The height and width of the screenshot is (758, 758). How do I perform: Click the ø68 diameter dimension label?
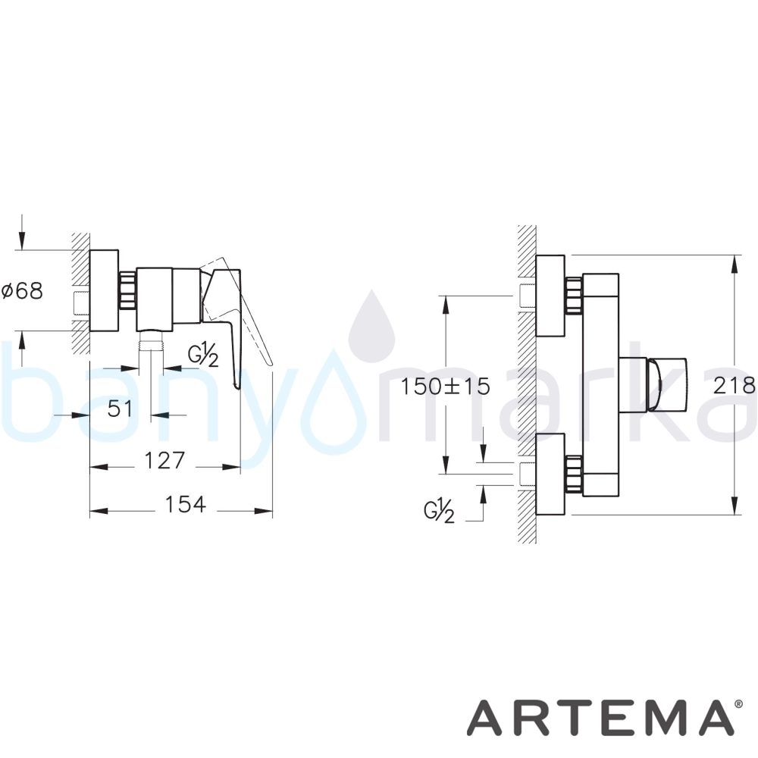[x=22, y=291]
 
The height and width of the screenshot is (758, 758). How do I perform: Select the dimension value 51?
[x=120, y=409]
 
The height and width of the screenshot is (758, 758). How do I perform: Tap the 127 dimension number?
[x=164, y=460]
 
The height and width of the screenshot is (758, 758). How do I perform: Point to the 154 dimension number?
[x=185, y=505]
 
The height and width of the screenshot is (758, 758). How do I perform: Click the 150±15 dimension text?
[x=445, y=387]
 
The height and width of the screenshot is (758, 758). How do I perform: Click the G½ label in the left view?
[x=203, y=356]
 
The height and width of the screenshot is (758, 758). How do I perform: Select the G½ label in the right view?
[x=439, y=512]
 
